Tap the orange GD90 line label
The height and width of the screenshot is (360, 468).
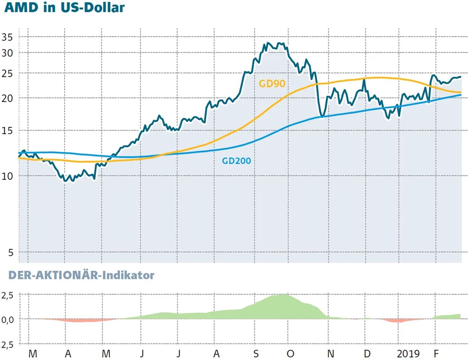coord(272,84)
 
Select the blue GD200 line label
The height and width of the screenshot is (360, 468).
coord(236,161)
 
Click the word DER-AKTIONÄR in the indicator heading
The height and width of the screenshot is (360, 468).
coord(52,276)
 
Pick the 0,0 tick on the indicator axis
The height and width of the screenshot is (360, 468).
coord(9,319)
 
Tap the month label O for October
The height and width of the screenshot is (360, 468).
coord(291,353)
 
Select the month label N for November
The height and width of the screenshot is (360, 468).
coord(330,353)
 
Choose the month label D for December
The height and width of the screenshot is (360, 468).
coord(367,353)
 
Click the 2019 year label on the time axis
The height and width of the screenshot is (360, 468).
coord(407,353)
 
